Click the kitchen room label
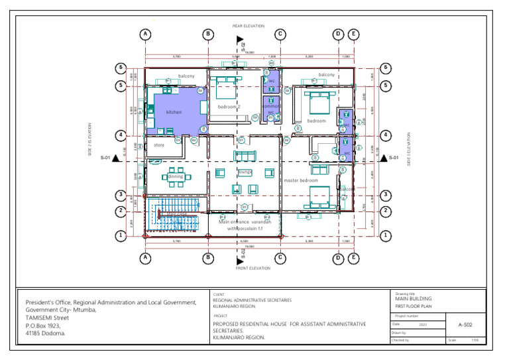click(x=174, y=112)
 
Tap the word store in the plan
click(x=159, y=145)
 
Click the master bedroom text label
click(x=301, y=180)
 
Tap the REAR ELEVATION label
click(x=248, y=26)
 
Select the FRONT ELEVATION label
click(x=253, y=268)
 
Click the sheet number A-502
click(x=465, y=325)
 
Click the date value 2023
click(x=423, y=324)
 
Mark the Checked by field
click(x=400, y=339)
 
